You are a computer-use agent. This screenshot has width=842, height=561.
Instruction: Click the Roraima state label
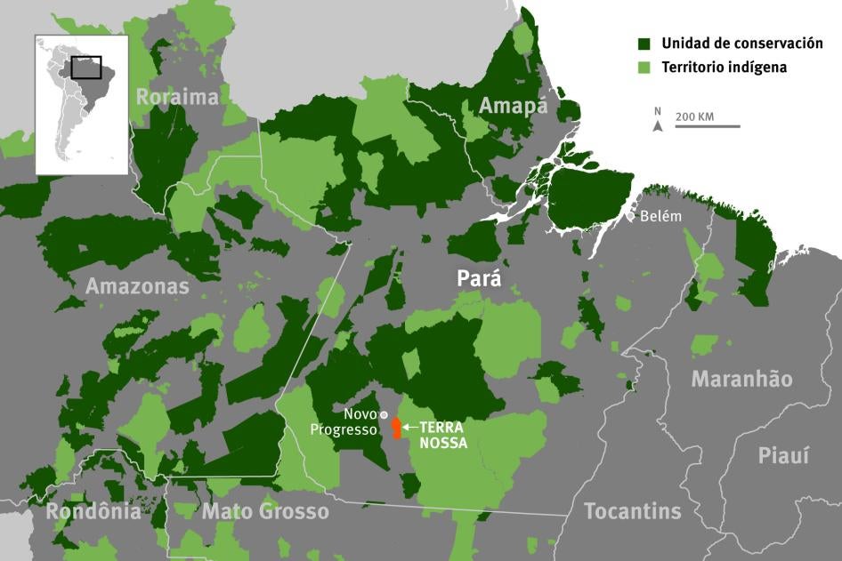click(177, 96)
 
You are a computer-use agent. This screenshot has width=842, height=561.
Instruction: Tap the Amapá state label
click(513, 106)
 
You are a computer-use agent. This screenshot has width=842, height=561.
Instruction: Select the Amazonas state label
click(137, 286)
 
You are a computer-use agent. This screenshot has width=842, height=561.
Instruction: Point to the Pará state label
click(479, 278)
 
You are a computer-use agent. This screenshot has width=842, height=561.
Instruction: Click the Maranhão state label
click(741, 379)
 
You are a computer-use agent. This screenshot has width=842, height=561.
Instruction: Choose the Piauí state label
click(783, 455)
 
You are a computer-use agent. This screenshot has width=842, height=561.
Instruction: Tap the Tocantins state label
click(632, 511)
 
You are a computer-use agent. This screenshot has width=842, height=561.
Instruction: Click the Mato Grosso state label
click(265, 511)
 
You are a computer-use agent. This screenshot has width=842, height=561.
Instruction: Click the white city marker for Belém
click(631, 216)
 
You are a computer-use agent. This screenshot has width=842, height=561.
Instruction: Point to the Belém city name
click(660, 216)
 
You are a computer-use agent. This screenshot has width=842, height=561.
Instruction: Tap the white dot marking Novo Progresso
click(384, 414)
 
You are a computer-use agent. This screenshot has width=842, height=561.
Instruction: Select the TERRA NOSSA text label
click(443, 435)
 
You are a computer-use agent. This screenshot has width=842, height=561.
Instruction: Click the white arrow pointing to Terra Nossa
click(409, 427)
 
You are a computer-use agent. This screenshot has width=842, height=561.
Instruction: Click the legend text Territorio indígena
click(724, 67)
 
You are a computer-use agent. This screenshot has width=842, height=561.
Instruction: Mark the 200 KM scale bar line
click(707, 126)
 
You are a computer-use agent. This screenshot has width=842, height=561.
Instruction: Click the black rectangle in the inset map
click(85, 68)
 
